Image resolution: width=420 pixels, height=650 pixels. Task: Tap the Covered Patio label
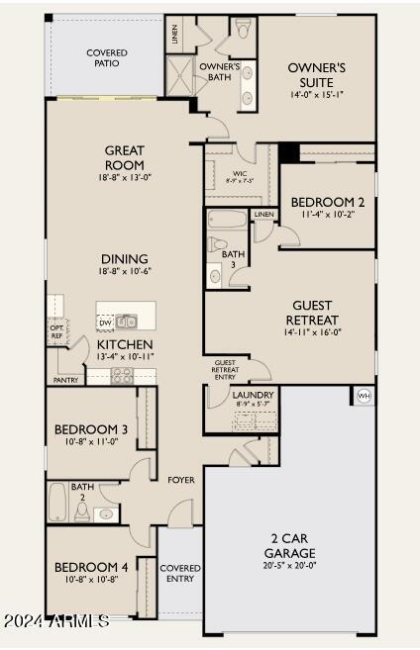[x=106, y=57]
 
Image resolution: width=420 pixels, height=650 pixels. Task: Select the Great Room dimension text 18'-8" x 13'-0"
[x=125, y=179]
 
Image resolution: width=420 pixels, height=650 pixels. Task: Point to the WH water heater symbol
[x=363, y=396]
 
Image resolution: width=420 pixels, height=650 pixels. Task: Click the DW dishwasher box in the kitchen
[x=105, y=323]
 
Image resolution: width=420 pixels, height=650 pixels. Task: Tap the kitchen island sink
[x=126, y=321]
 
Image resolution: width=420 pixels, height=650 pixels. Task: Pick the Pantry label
[x=66, y=380]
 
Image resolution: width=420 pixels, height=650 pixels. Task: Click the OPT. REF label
[x=56, y=331]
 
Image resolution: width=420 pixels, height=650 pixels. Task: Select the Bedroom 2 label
[x=327, y=202]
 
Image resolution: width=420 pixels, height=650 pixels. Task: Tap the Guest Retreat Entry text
[x=225, y=369]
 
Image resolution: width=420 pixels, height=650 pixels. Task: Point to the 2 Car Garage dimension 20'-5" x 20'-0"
[x=290, y=567]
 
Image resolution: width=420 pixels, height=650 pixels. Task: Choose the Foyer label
[x=180, y=480]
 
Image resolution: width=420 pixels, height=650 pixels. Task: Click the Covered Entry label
[x=179, y=574]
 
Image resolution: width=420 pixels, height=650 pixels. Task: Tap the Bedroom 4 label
[x=91, y=567]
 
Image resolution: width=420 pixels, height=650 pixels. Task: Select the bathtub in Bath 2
[x=56, y=503]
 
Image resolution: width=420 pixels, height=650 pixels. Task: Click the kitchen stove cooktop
[x=123, y=375]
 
